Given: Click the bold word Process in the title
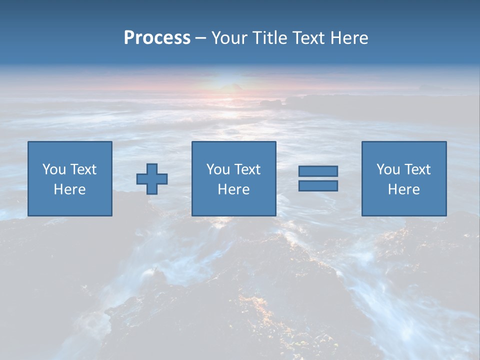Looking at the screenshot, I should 157,38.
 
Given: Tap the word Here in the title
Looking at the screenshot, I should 348,38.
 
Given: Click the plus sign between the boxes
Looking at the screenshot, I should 152,179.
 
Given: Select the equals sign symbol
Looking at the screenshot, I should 318,178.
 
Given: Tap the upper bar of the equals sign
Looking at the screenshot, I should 318,171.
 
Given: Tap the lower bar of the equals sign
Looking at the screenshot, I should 318,185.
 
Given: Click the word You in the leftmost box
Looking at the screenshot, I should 53,169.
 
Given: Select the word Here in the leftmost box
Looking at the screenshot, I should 69,189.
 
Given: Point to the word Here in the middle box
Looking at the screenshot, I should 233,189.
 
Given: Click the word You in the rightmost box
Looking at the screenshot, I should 388,169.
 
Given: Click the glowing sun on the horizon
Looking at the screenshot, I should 227,82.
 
